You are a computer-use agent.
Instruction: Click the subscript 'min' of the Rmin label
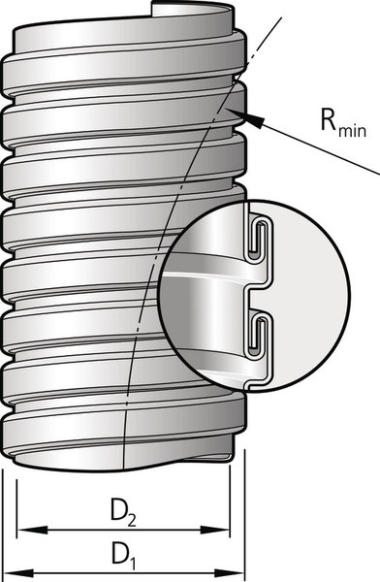point(352,130)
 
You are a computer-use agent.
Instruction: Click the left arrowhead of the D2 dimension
point(33,530)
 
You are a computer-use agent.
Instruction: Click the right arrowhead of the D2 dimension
point(214,530)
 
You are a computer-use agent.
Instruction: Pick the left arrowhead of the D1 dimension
point(17,572)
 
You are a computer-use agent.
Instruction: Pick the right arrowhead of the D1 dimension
point(229,572)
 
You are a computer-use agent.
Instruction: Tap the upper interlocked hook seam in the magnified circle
point(260,238)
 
